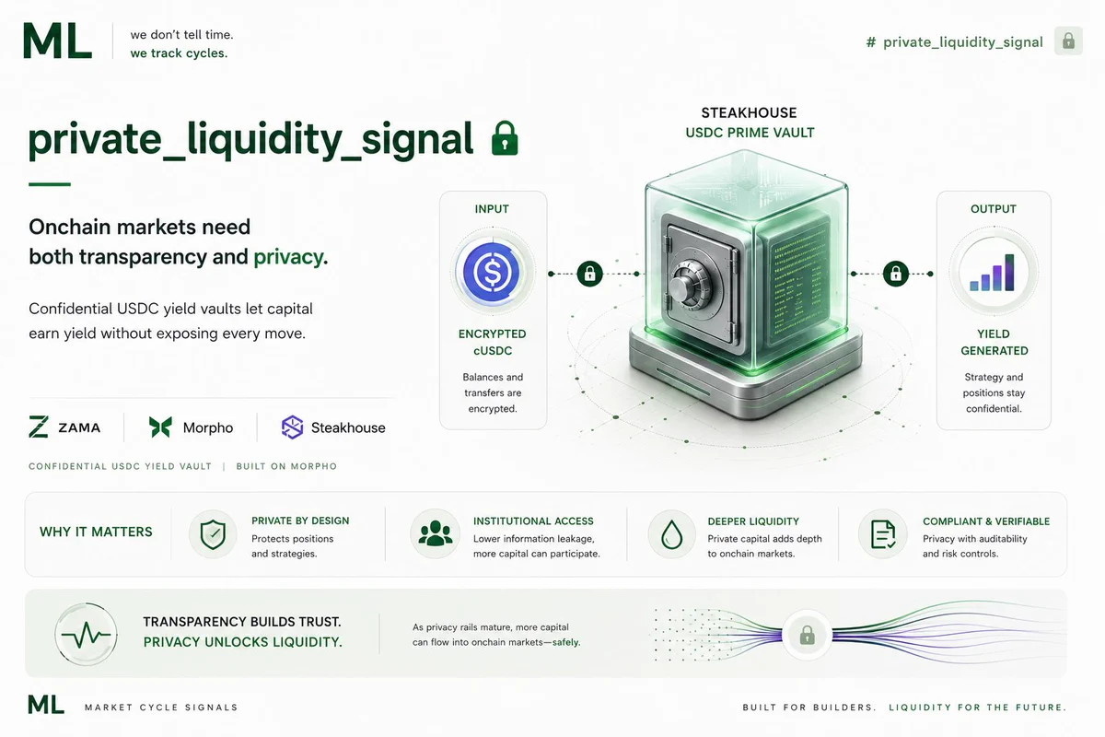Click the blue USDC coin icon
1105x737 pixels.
point(492,272)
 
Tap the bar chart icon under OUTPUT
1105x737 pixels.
point(993,273)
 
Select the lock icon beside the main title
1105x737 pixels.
point(505,138)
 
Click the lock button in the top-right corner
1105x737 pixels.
point(1068,41)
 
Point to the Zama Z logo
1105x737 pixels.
point(39,427)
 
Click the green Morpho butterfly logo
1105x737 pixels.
point(160,427)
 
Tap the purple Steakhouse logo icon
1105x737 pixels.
point(292,427)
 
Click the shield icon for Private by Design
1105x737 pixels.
point(213,534)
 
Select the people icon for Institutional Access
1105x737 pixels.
point(435,534)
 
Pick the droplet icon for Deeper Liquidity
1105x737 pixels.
point(671,534)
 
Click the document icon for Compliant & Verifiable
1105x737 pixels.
point(882,534)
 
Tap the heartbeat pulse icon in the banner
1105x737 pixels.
point(86,635)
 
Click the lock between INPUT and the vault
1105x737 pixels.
point(589,274)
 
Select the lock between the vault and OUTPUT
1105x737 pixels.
point(896,274)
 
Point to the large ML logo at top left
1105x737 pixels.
point(58,41)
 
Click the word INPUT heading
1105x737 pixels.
point(492,209)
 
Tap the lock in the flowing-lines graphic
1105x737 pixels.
point(807,636)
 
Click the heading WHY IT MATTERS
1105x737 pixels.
point(96,532)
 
